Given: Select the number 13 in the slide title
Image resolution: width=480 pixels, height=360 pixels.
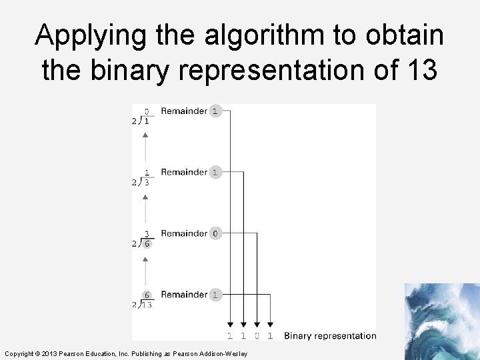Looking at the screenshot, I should coord(420,70).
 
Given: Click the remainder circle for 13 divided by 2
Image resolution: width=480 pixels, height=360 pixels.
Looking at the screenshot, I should coord(215,295).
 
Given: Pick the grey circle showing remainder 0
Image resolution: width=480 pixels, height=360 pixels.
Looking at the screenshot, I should coord(215,233).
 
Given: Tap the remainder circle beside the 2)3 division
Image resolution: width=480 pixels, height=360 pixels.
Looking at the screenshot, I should coord(215,172).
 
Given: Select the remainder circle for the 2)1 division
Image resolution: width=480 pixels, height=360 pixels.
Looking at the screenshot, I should coord(215,111).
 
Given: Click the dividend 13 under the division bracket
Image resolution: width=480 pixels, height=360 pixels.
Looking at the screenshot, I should coord(146,305).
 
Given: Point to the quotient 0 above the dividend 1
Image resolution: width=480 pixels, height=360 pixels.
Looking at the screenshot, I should coord(147,111).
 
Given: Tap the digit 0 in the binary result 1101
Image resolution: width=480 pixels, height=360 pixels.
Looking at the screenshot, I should coord(257,335).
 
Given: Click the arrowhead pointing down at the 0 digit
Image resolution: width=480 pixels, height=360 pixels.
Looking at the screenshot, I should coord(257,325).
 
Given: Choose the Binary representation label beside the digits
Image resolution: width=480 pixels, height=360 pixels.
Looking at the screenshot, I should coord(330,335).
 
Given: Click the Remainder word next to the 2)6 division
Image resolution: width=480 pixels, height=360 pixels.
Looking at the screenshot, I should coord(184,233).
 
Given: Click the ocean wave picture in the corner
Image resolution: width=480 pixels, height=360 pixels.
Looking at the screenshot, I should coord(441,321).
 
